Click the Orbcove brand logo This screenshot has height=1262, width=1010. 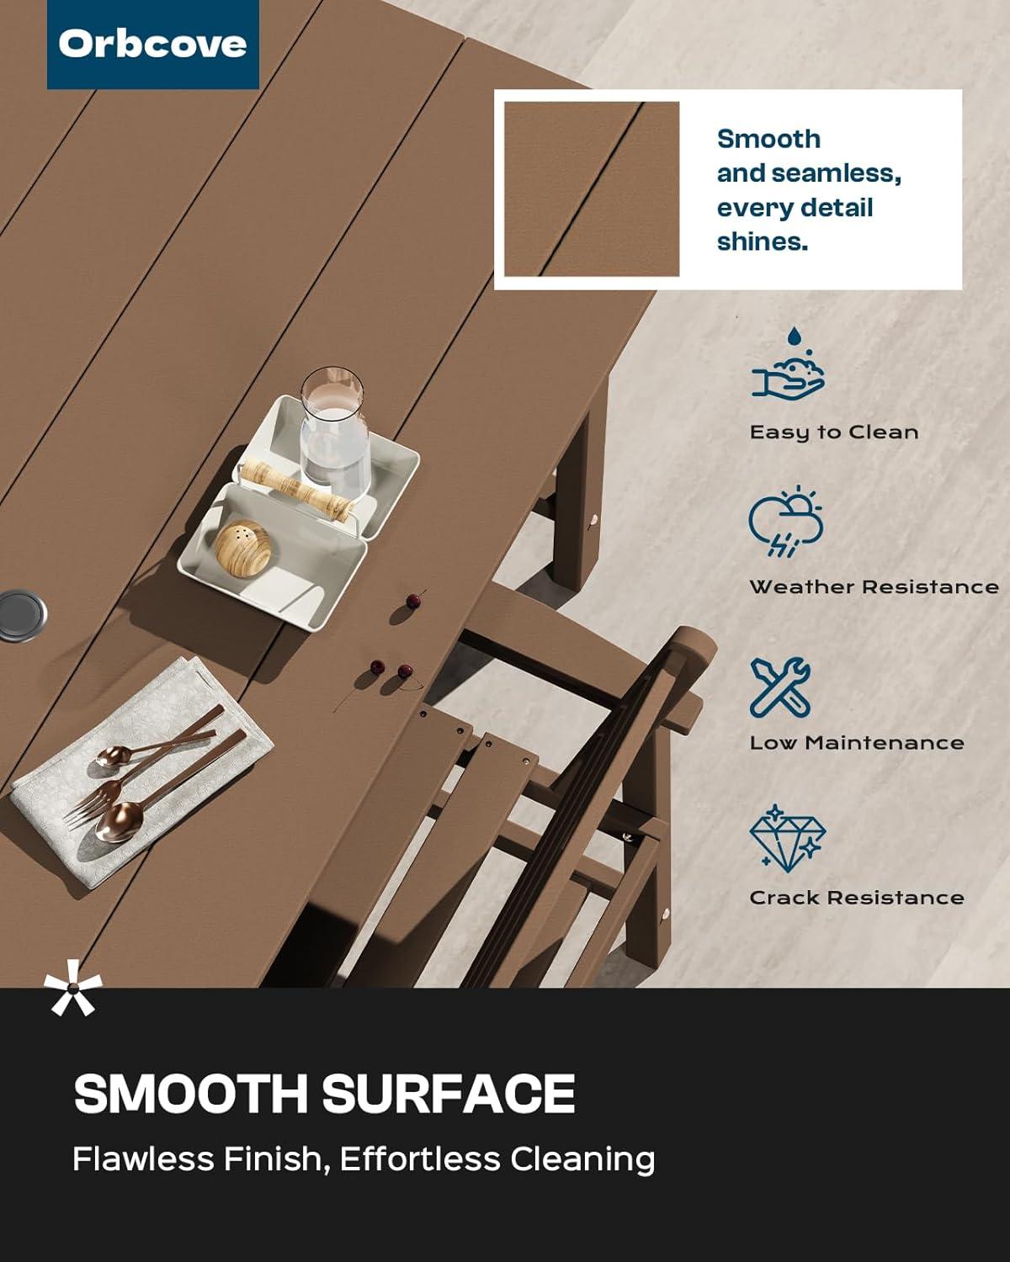coord(152,45)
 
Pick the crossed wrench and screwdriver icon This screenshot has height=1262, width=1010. coord(780,688)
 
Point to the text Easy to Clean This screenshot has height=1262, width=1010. coord(834,432)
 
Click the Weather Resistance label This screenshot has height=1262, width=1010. coord(874,587)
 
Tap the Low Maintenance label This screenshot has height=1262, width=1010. coord(857,742)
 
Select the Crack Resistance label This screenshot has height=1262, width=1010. coord(857,897)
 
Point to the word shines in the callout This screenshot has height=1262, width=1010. coord(763,241)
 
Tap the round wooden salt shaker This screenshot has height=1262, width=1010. coord(243,547)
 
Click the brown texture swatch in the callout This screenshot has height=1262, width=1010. coord(592,188)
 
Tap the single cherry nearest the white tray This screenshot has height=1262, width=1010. coord(414,600)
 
